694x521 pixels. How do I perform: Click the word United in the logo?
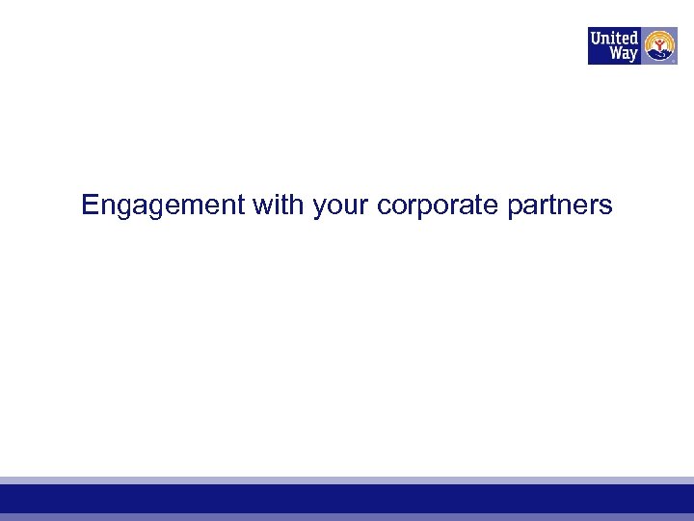[614, 38]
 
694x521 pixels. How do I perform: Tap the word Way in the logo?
[623, 54]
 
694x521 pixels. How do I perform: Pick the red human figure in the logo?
[659, 43]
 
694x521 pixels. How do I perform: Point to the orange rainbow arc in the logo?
[659, 35]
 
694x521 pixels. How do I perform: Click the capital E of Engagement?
[90, 205]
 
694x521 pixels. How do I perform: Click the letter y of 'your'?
[318, 207]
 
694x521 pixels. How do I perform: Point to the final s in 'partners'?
[606, 206]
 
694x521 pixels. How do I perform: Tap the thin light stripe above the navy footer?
[347, 480]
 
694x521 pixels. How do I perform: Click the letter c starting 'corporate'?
[384, 206]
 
